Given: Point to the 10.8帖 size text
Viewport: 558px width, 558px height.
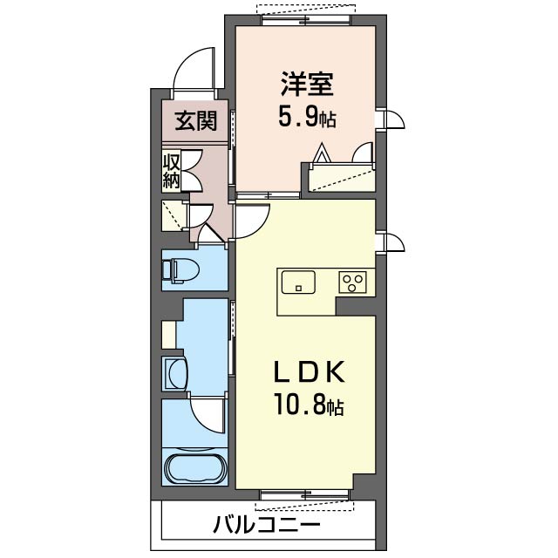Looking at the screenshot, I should (x=307, y=406).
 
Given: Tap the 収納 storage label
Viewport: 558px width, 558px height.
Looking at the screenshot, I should (x=171, y=171).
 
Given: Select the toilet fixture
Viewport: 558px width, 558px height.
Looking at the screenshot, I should (x=180, y=272).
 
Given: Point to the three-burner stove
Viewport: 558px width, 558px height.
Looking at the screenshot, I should (x=353, y=282).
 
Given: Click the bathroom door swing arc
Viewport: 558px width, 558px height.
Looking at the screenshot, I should (x=208, y=414).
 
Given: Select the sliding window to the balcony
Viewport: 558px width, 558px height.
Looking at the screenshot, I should (x=304, y=498).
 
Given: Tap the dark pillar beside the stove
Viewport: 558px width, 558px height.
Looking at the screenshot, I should (x=356, y=305).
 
